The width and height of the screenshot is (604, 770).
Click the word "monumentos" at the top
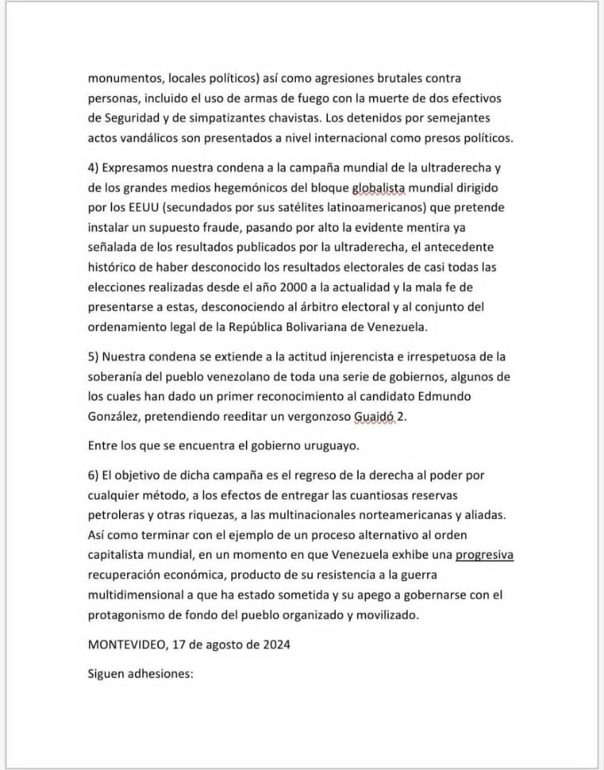(119, 78)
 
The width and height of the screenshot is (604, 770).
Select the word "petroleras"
(116, 513)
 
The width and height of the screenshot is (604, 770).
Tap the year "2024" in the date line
(275, 644)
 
